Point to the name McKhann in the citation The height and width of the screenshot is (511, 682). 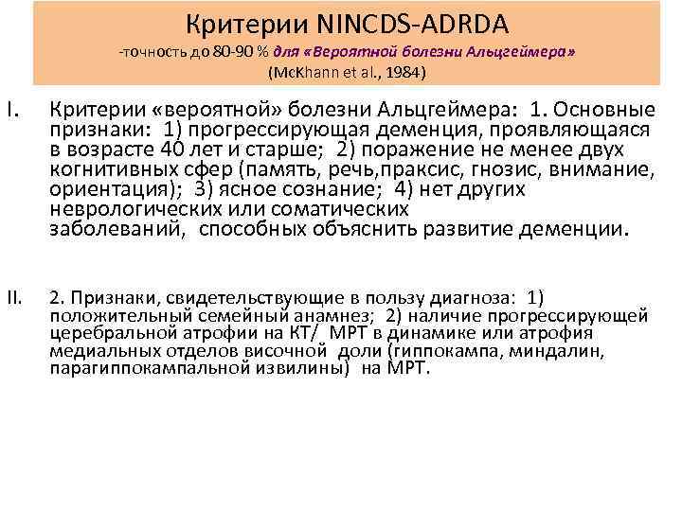pyautogui.click(x=305, y=73)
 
